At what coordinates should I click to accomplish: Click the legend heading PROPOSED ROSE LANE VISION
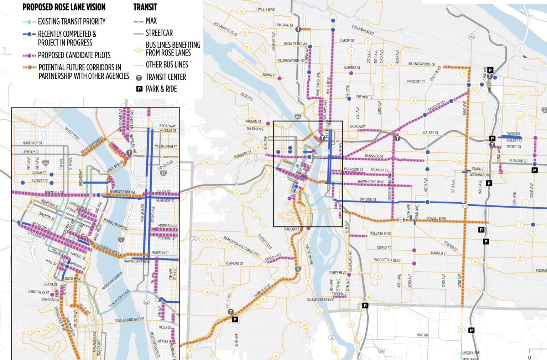click(x=64, y=7)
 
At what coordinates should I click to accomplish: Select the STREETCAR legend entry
click(x=159, y=33)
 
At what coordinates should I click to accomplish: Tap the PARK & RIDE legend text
click(x=161, y=89)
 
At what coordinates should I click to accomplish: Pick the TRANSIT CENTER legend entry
click(x=166, y=77)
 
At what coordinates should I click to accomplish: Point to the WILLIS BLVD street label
click(x=266, y=10)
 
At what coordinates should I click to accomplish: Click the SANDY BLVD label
click(x=436, y=106)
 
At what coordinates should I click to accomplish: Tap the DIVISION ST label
click(x=368, y=199)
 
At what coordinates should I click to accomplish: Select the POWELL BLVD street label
click(x=436, y=218)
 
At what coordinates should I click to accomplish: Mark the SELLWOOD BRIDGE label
click(x=321, y=299)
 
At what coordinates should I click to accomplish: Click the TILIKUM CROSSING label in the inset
click(x=119, y=299)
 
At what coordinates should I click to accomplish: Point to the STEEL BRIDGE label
click(x=115, y=167)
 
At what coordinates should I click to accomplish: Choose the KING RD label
click(x=422, y=335)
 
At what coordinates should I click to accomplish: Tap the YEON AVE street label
click(x=246, y=96)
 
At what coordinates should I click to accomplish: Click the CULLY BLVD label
click(x=435, y=73)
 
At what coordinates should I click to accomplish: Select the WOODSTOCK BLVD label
click(x=387, y=260)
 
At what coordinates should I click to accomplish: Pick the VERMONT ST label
click(x=234, y=264)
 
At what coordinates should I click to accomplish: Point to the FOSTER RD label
click(x=451, y=246)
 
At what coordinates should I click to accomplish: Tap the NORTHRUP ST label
click(x=32, y=143)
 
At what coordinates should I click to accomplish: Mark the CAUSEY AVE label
click(x=471, y=353)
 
